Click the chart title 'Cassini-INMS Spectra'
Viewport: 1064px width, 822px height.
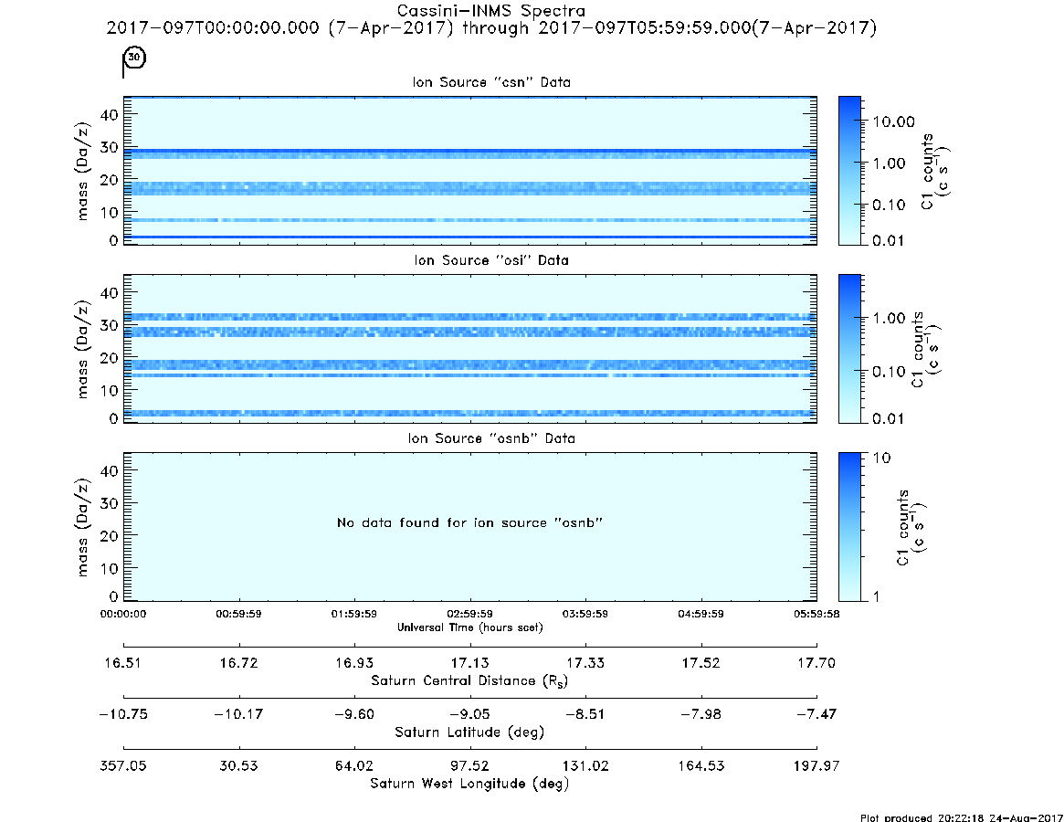coord(490,11)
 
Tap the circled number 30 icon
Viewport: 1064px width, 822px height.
coord(135,57)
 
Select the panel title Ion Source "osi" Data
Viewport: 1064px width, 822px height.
coord(491,260)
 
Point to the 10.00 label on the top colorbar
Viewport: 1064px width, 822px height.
coord(894,121)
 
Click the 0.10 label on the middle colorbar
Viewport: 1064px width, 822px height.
coord(889,372)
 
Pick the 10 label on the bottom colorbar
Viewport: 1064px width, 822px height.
coord(881,458)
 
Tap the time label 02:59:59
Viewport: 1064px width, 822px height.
coord(469,614)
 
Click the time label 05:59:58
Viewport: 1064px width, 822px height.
coord(816,614)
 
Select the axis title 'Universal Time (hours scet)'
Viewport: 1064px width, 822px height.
coord(470,627)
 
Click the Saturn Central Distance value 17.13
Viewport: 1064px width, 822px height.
coord(469,662)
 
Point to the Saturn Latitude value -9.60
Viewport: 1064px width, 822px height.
coord(354,714)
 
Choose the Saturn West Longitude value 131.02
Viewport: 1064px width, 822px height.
coord(585,765)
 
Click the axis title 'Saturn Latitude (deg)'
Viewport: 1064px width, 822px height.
coord(469,732)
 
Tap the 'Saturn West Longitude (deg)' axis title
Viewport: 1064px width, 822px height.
coord(469,784)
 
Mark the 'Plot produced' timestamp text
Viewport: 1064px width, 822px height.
coord(962,817)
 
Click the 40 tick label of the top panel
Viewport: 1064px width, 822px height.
coord(109,115)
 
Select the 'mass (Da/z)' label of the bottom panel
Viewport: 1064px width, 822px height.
coord(82,527)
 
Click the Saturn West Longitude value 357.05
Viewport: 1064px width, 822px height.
coord(122,765)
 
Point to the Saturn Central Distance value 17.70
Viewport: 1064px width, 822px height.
coord(816,662)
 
